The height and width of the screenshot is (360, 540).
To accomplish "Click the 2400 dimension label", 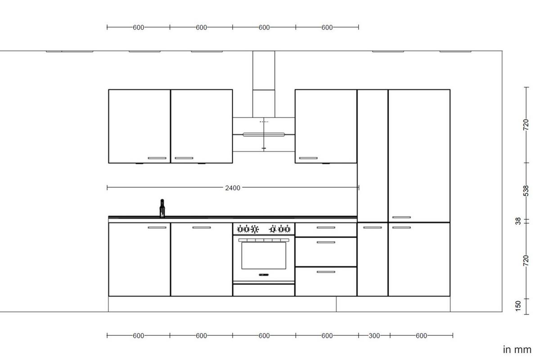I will [233, 188].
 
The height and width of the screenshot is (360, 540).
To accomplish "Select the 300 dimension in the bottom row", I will [374, 336].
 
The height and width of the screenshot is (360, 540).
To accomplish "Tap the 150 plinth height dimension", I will [518, 306].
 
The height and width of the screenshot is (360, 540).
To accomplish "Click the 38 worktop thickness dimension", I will [518, 221].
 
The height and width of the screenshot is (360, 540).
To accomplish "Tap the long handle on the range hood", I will [263, 134].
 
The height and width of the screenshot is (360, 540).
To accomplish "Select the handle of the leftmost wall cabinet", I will [157, 158].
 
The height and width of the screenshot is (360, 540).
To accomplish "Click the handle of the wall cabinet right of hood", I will [308, 158].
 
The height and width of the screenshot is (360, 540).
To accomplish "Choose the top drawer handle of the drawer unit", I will [326, 228].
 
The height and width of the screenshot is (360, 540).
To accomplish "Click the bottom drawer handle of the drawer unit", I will [326, 272].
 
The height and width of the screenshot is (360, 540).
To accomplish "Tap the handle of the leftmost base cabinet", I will [157, 228].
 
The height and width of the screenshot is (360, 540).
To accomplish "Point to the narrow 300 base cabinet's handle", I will [372, 228].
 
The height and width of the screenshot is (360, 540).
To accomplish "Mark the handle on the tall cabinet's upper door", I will [401, 217].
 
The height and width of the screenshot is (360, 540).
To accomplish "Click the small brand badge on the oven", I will [264, 274].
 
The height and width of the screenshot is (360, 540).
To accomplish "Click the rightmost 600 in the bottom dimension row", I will [421, 336].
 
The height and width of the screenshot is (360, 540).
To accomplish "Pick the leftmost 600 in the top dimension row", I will [138, 27].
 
